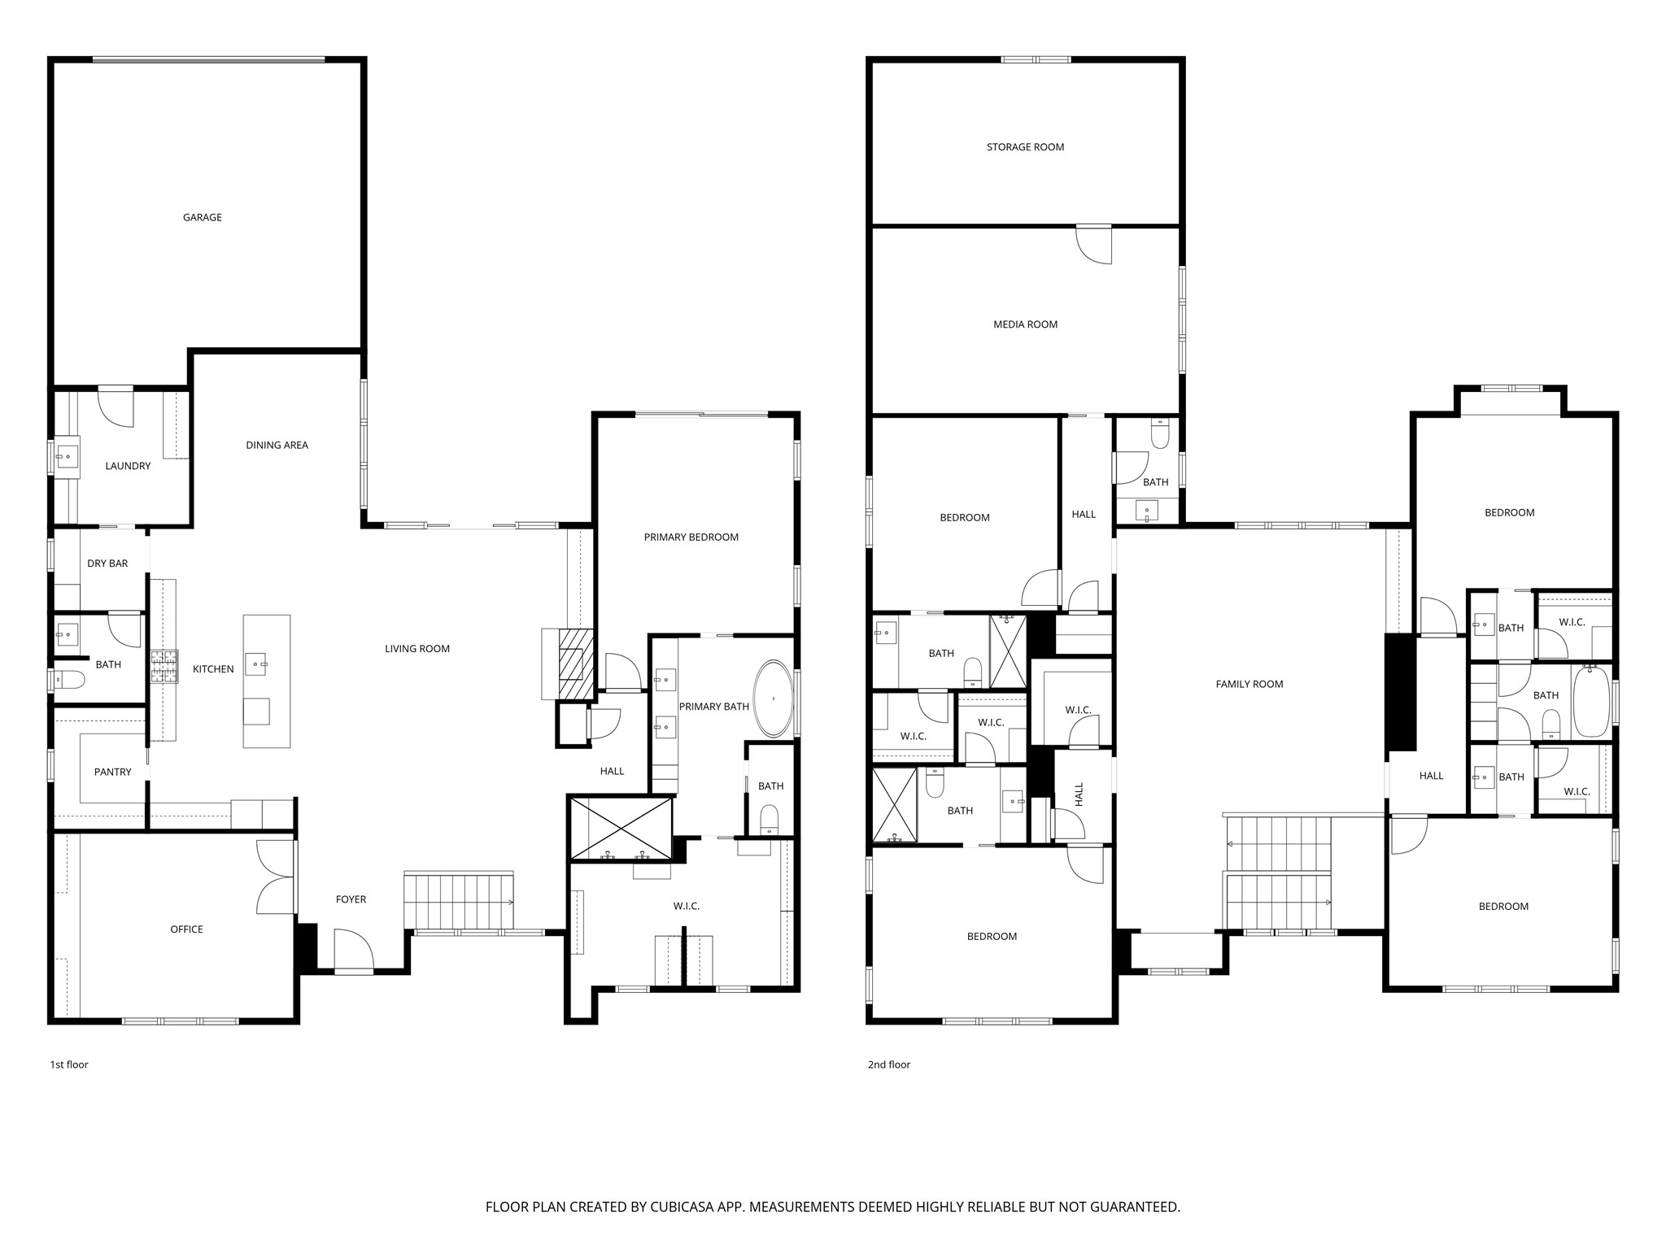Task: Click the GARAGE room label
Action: [x=202, y=217]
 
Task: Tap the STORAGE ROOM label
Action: [x=1025, y=147]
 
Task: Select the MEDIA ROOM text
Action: [x=1025, y=324]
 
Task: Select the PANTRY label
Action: [x=112, y=772]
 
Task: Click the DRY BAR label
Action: [x=107, y=564]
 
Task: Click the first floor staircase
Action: [x=459, y=901]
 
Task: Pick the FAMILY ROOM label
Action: [x=1249, y=684]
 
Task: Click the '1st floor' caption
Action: [x=69, y=1064]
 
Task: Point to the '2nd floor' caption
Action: [x=888, y=1064]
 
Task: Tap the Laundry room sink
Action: [x=67, y=457]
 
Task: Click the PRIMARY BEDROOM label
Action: [x=691, y=537]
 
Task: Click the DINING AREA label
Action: [x=277, y=445]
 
